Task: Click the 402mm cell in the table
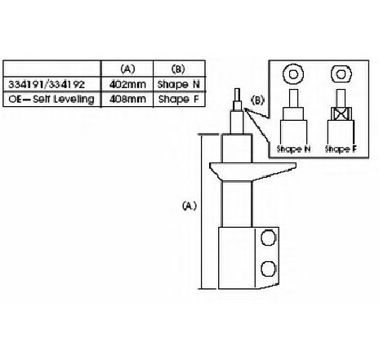(127, 85)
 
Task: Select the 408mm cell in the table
(127, 99)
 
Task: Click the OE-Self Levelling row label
(51, 99)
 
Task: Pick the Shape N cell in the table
(179, 85)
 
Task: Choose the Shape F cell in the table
(179, 99)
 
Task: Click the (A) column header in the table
(127, 69)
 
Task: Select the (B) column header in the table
(178, 69)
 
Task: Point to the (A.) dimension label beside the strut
(189, 206)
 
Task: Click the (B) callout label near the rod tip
(257, 100)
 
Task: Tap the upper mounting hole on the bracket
(268, 238)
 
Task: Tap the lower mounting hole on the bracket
(268, 269)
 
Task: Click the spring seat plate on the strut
(252, 171)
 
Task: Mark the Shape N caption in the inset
(293, 149)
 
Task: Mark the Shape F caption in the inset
(341, 149)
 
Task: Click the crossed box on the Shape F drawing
(341, 113)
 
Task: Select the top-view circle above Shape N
(293, 74)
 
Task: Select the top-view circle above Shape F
(341, 74)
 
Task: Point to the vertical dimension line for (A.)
(202, 211)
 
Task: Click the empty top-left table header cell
(51, 69)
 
